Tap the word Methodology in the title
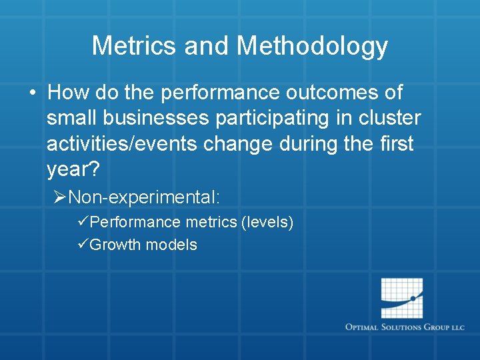click(312, 46)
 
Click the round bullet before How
click(33, 92)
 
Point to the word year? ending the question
click(73, 171)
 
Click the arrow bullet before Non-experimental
click(60, 197)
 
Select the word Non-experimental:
click(144, 197)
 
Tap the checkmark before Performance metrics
click(83, 222)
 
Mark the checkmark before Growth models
click(83, 245)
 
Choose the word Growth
click(115, 245)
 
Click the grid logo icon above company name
click(402, 297)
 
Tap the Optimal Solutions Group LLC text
click(404, 327)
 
